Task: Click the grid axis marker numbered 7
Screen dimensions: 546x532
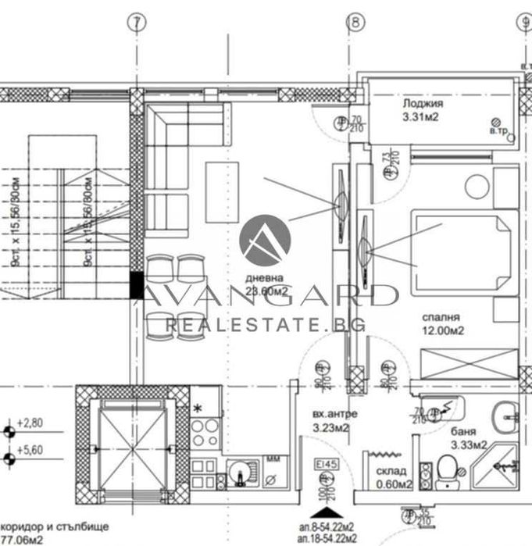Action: coord(137,23)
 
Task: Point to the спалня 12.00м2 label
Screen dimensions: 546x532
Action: coord(443,324)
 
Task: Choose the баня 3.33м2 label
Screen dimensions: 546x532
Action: coord(469,438)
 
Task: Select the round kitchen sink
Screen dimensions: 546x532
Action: coord(239,471)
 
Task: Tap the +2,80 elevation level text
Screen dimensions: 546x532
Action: coord(33,424)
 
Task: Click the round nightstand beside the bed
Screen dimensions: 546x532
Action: coord(477,187)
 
